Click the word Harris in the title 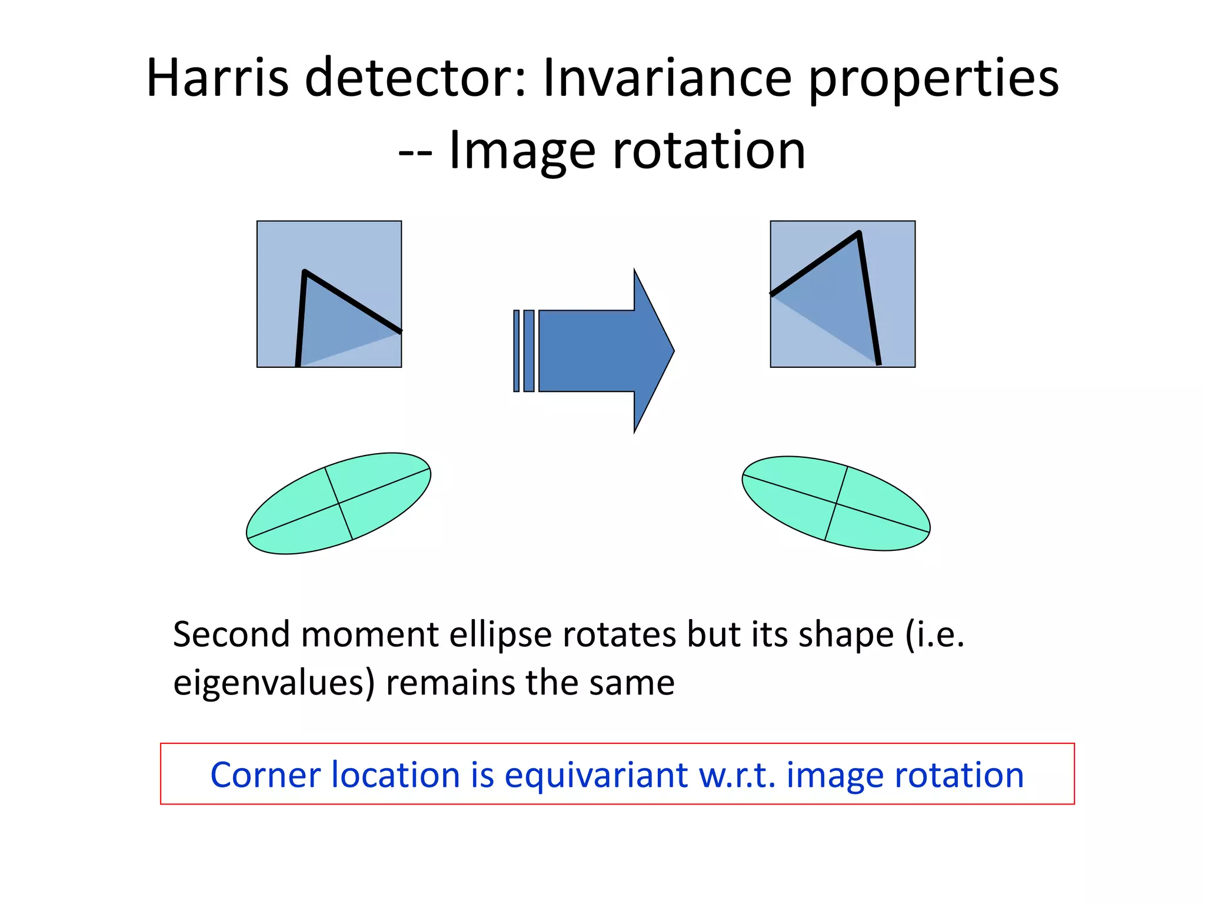point(217,78)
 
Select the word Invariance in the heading point(667,78)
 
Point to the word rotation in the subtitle point(708,151)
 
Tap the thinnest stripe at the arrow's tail point(516,351)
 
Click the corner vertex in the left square point(305,272)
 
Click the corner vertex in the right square point(858,234)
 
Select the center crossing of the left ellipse point(339,503)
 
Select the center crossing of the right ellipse point(836,503)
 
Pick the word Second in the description point(231,635)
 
